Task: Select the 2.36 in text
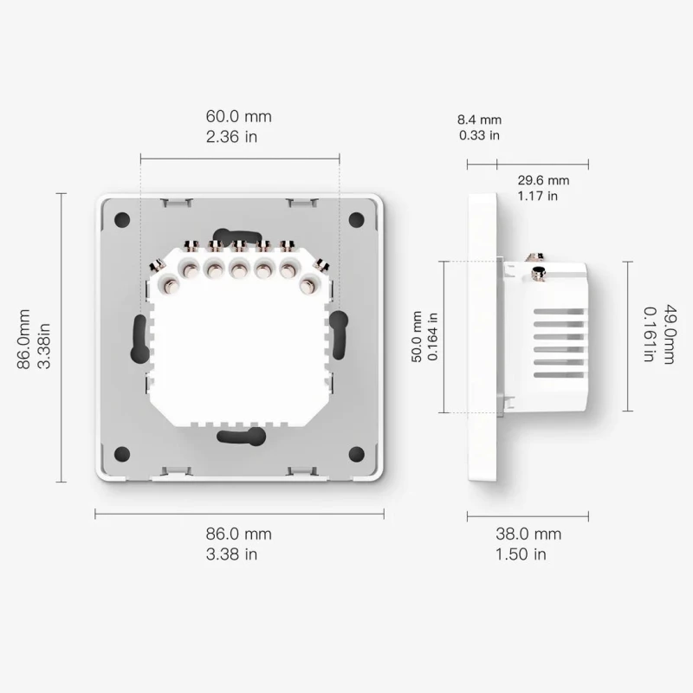pyautogui.click(x=231, y=137)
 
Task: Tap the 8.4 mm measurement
pyautogui.click(x=479, y=120)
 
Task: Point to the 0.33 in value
pyautogui.click(x=479, y=135)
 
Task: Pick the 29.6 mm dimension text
pyautogui.click(x=542, y=180)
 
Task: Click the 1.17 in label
pyautogui.click(x=537, y=196)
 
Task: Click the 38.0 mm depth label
pyautogui.click(x=528, y=534)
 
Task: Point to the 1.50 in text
pyautogui.click(x=521, y=554)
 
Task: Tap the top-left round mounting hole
pyautogui.click(x=123, y=220)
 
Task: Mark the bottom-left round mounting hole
pyautogui.click(x=123, y=452)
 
